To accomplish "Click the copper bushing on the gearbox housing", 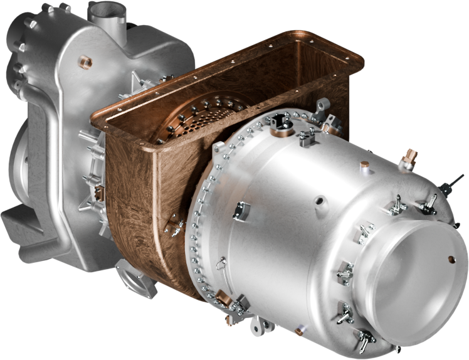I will [83, 61].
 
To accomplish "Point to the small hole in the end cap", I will [450, 258].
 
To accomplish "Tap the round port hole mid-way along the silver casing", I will [320, 202].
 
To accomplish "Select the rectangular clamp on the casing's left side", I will [241, 211].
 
